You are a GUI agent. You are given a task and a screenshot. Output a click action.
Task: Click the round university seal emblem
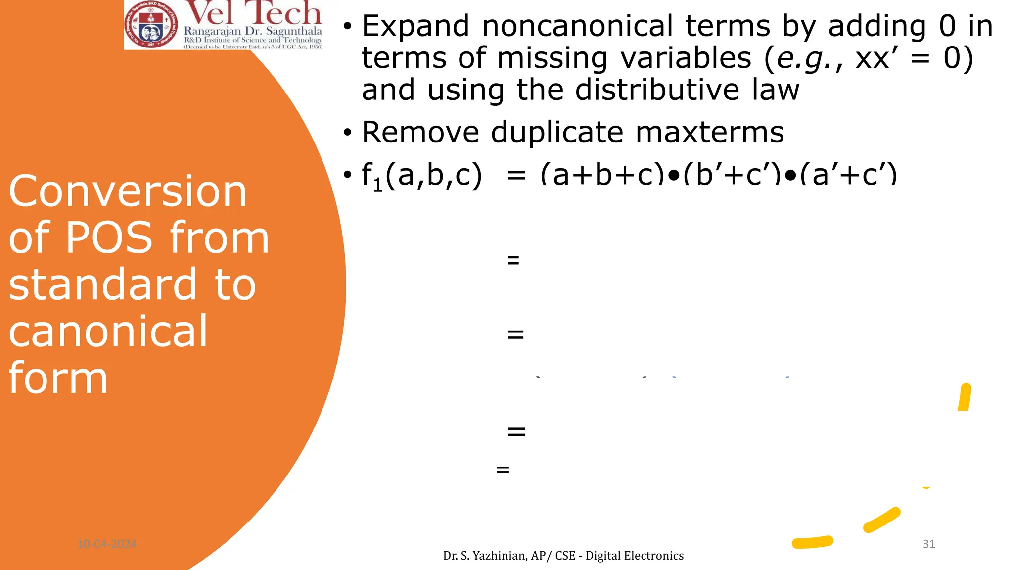[152, 25]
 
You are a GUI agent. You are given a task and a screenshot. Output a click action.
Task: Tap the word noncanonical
[577, 27]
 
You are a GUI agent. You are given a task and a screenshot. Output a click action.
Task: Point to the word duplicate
[557, 133]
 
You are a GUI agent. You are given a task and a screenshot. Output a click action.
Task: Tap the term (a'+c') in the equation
[849, 175]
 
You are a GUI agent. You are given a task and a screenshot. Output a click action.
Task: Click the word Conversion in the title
[128, 192]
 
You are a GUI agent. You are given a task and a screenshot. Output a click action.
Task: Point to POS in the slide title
[109, 238]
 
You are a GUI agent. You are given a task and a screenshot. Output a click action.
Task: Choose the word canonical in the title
[108, 332]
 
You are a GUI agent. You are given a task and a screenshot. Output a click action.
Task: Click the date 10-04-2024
[107, 544]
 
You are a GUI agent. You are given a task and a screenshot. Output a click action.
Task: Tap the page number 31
[929, 544]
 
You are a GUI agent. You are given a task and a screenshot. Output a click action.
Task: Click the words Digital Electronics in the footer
[635, 556]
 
